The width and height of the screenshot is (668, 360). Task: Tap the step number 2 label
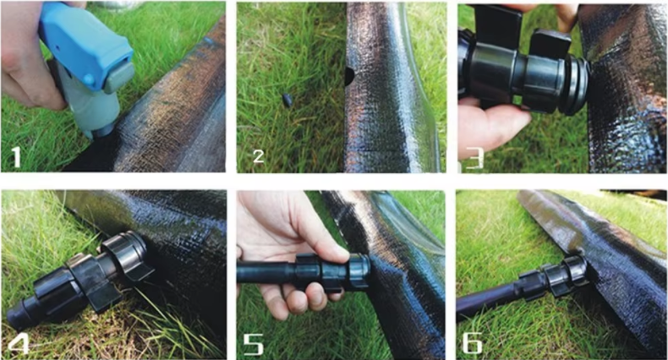tap(258, 156)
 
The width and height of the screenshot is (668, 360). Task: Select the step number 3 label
tap(474, 158)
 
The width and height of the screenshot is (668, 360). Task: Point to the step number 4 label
tap(19, 343)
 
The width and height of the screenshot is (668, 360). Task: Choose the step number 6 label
tap(473, 343)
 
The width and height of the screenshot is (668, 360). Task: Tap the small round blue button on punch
tap(89, 79)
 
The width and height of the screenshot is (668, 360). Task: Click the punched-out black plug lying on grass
tap(287, 101)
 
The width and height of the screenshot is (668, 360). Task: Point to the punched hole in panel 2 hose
tap(349, 77)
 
